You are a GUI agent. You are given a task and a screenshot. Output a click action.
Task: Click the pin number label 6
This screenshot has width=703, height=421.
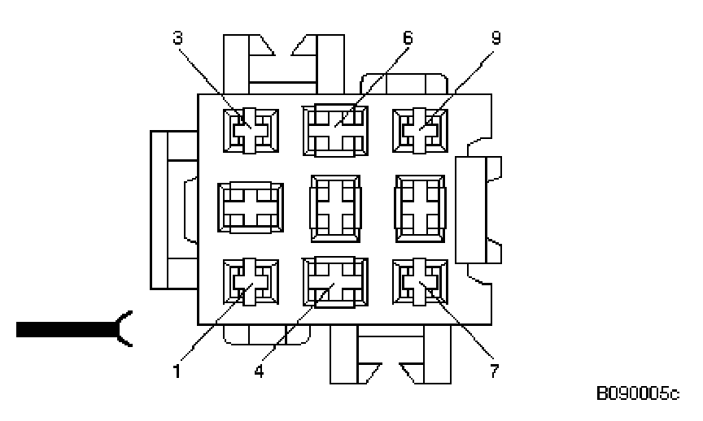pos(408,37)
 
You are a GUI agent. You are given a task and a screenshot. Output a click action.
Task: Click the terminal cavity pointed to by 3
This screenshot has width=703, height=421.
pos(251,130)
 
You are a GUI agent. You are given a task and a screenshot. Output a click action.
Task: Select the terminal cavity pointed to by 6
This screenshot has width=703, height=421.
pos(334,130)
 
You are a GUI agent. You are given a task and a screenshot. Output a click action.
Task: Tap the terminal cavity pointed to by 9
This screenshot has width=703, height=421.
pos(420,130)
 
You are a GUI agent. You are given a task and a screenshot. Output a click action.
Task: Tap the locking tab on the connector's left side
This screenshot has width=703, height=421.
pos(172,210)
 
